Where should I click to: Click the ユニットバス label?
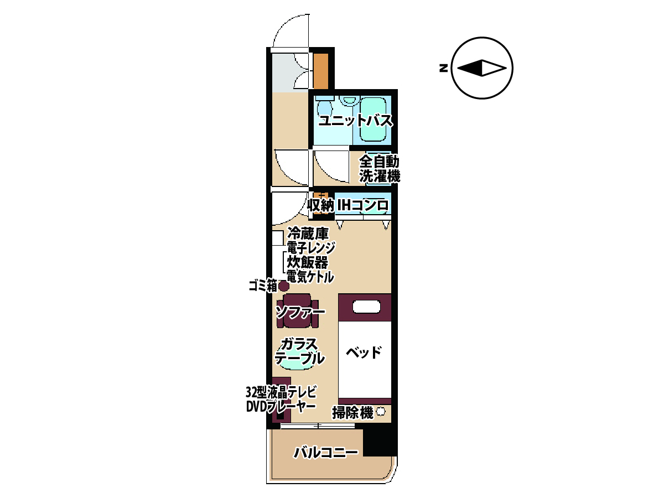click(356, 121)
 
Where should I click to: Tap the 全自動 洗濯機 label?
click(380, 169)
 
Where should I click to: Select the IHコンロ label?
click(362, 206)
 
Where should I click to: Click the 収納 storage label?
click(321, 206)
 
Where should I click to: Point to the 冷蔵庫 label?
click(308, 234)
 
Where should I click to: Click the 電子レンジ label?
click(310, 248)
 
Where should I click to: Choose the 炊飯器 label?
click(307, 262)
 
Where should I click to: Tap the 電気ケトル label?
click(310, 277)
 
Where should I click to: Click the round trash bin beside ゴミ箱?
click(283, 286)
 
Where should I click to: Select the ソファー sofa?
click(297, 311)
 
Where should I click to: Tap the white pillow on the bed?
click(366, 307)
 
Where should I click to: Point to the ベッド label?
click(364, 353)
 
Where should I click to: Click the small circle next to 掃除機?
click(381, 412)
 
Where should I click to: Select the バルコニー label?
click(326, 453)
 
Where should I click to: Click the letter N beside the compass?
click(443, 68)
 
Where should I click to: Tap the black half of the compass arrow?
click(469, 68)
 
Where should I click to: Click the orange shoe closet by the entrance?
click(320, 71)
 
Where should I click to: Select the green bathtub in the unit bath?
click(373, 119)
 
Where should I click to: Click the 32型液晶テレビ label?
click(281, 392)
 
